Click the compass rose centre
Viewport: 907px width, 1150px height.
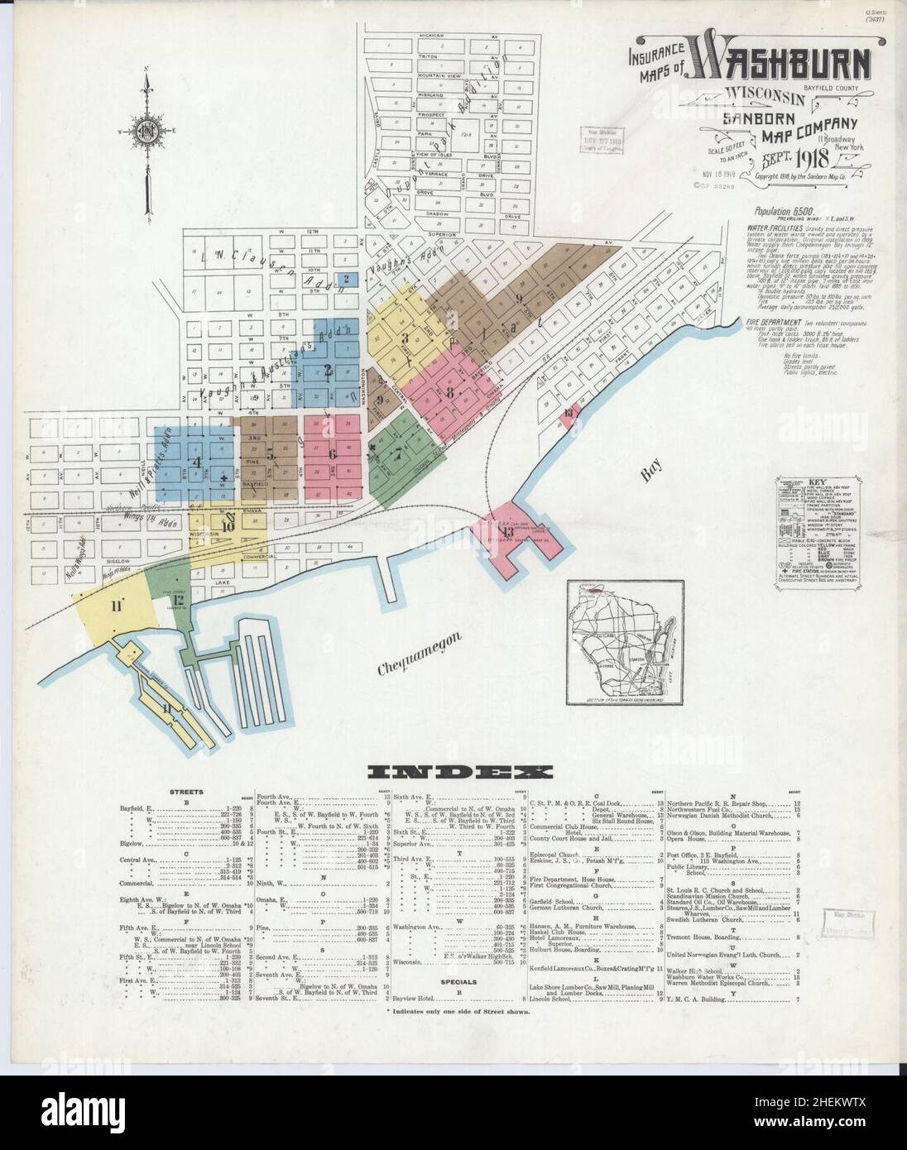(148, 132)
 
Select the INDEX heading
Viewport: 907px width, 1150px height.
(461, 774)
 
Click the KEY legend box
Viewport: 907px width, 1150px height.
(813, 529)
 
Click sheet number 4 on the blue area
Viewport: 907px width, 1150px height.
(197, 462)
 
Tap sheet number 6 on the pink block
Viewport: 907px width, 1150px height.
(333, 453)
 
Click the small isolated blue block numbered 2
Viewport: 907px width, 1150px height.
(348, 279)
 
